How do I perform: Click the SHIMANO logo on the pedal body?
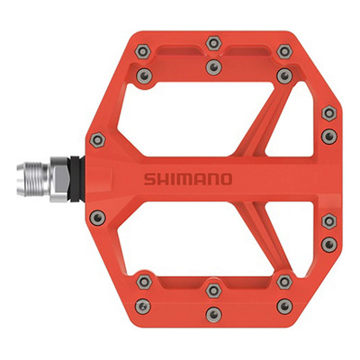coord(188,179)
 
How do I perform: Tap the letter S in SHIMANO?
coord(149,179)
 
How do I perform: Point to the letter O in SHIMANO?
coord(227,179)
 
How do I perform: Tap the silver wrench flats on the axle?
coord(59,179)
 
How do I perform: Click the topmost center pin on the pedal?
coord(213,44)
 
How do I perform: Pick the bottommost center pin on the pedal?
coord(213,314)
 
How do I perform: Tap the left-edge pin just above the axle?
coord(98,139)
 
